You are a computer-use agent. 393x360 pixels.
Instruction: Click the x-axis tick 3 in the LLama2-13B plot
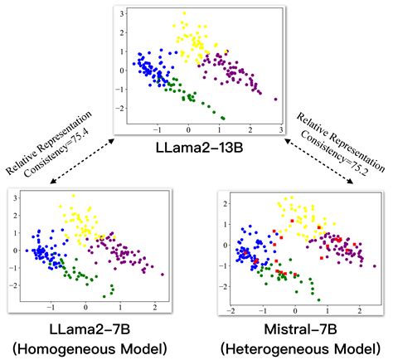coord(280,131)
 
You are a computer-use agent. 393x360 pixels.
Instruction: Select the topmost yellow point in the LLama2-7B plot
coord(73,197)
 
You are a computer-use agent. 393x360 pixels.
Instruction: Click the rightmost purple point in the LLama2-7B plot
coord(163,274)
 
